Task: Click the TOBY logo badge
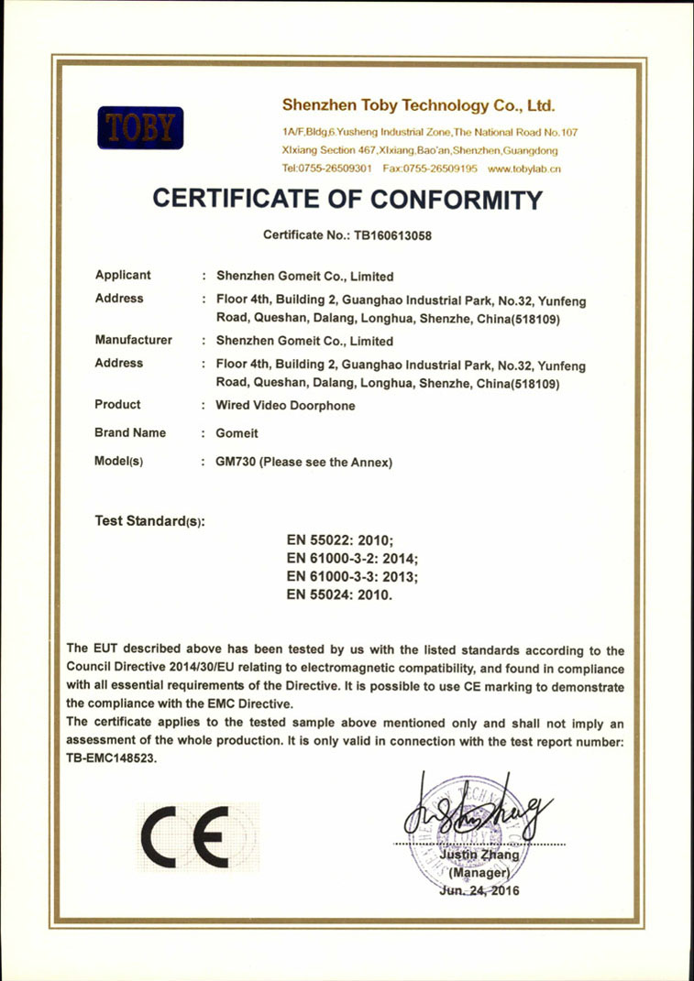coord(140,128)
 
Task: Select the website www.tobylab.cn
coord(524,169)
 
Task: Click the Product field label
coord(118,405)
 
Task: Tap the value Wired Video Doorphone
coord(285,406)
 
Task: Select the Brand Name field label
coord(130,432)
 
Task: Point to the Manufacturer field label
coord(134,340)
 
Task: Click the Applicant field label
coord(124,275)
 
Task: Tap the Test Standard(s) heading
coord(150,521)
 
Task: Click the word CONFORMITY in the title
coord(444,199)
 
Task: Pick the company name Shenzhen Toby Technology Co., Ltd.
coord(419,104)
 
